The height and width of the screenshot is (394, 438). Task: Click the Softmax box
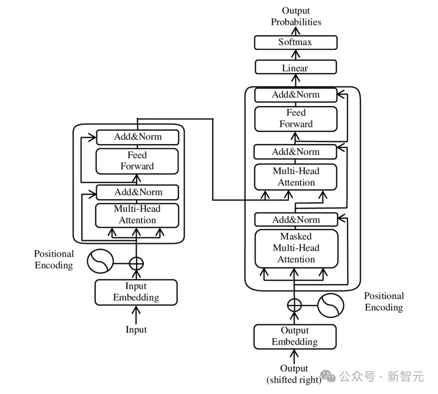(295, 42)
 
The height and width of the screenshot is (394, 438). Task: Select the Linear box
(295, 67)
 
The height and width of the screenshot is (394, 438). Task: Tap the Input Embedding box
(136, 292)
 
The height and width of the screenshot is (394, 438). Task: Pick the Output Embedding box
(295, 336)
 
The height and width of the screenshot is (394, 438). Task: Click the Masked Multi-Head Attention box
(296, 248)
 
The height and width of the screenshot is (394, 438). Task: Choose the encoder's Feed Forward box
(137, 161)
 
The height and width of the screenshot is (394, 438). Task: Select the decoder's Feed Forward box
(296, 118)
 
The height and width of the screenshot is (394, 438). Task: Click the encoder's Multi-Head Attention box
(137, 215)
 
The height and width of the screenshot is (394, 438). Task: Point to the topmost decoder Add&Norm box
(296, 95)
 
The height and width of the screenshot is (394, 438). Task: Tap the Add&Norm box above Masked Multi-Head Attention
(296, 220)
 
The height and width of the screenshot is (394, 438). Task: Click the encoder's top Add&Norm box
(137, 137)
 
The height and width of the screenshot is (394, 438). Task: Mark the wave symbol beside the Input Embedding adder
(100, 262)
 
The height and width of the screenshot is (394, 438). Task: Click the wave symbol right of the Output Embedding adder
(330, 305)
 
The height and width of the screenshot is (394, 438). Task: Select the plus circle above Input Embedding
(136, 263)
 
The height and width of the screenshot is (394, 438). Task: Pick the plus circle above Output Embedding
(294, 305)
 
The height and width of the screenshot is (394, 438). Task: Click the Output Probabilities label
(296, 16)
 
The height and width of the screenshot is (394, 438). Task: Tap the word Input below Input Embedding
(136, 330)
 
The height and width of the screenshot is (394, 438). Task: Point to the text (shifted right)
(294, 380)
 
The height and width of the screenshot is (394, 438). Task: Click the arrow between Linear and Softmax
(295, 55)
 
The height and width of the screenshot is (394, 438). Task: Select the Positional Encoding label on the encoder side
(54, 260)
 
